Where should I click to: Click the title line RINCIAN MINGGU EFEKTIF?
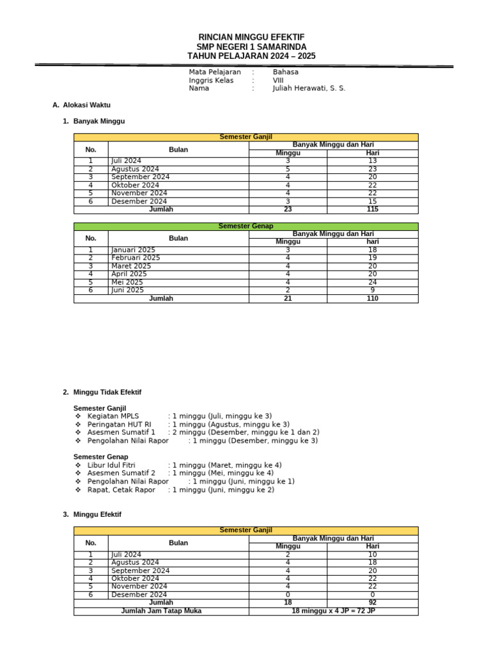251,38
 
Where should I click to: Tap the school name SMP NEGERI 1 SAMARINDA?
251,47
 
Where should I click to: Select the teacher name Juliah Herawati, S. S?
309,88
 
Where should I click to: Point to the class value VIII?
278,81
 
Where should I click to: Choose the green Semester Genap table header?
246,226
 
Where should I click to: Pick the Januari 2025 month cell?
133,250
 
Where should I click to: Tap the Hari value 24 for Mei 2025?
373,282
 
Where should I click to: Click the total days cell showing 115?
373,209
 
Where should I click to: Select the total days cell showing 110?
373,298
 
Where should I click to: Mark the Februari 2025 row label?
136,258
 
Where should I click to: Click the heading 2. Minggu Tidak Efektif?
102,391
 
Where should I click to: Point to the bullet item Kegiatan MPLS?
113,416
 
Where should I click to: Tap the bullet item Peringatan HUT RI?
120,424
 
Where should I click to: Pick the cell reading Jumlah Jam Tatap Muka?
161,611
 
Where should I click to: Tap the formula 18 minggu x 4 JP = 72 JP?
333,611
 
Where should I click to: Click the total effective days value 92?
373,603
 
